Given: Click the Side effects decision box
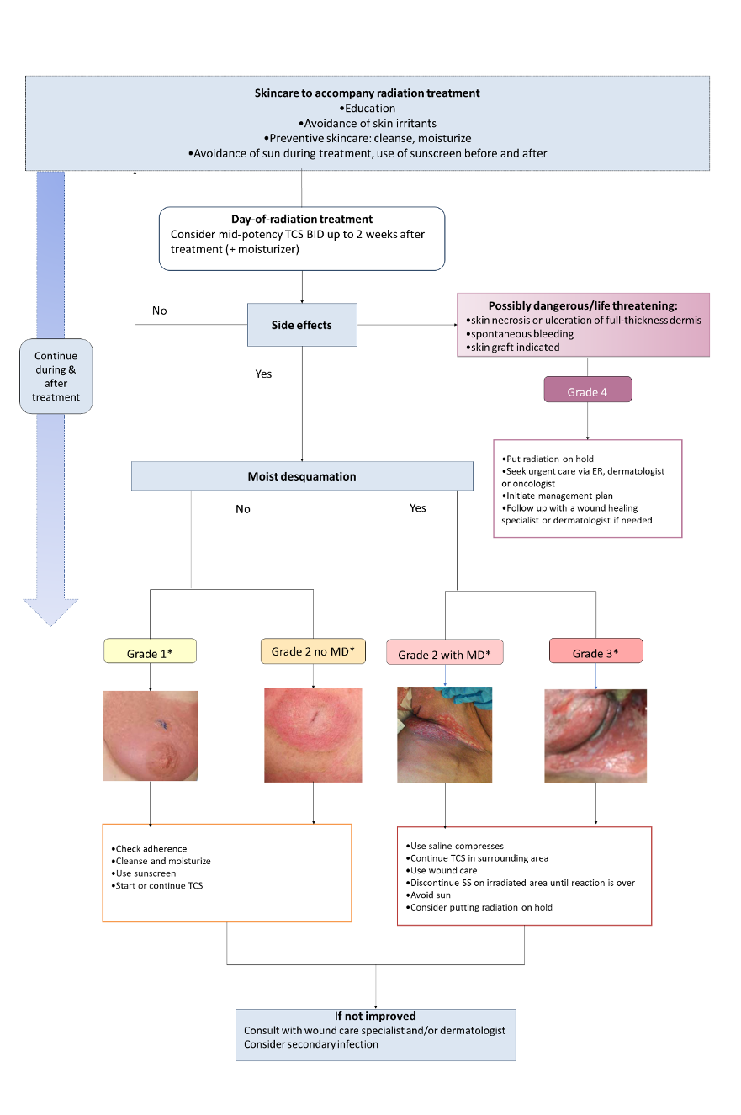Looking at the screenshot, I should click(302, 324).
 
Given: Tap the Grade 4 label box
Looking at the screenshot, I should click(587, 390).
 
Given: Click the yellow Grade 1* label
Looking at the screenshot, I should click(150, 651).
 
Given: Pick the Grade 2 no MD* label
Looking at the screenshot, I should click(313, 652).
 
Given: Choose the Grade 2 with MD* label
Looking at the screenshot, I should click(444, 654).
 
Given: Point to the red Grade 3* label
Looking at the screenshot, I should click(595, 652).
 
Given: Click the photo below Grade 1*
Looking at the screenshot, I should click(150, 735).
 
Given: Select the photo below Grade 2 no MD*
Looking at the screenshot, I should click(314, 735).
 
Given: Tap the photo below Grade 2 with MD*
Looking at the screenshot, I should click(444, 735).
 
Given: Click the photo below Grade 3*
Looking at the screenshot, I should click(595, 735).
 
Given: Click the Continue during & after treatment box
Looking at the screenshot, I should click(56, 376).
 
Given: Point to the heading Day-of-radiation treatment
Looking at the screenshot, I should click(302, 220).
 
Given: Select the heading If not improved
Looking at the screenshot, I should click(375, 1016).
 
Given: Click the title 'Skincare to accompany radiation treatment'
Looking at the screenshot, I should click(368, 93).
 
